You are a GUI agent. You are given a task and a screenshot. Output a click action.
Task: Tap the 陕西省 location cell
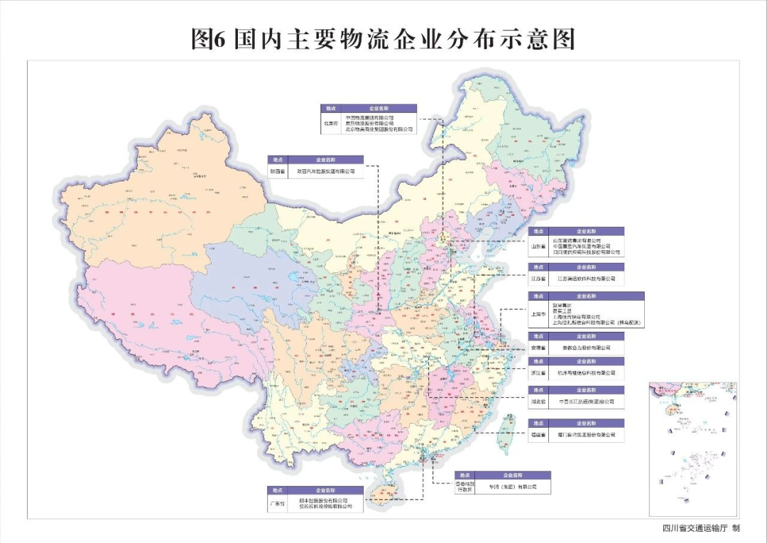(x=278, y=171)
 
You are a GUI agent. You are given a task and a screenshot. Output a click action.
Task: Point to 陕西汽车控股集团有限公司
(x=325, y=171)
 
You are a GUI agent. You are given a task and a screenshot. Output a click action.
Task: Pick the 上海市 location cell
(x=538, y=313)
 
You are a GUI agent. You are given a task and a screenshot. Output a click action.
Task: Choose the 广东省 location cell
(x=277, y=504)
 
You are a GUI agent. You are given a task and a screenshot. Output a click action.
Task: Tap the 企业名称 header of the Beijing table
(x=379, y=109)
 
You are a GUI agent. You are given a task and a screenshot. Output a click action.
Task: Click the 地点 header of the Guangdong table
(x=277, y=490)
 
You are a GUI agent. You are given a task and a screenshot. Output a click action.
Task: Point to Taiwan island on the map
(x=508, y=434)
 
